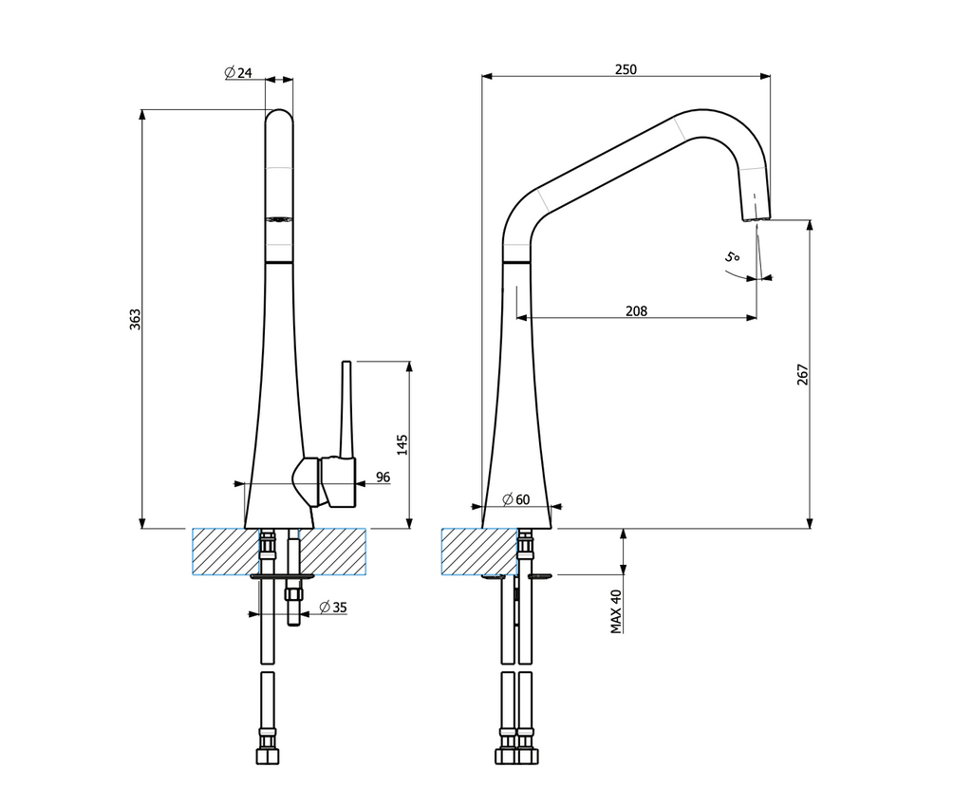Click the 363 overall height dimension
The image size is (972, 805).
coord(135,319)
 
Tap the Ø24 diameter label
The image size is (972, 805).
coord(238,72)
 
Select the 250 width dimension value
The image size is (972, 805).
coord(626,69)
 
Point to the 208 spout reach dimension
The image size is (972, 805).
coord(636,310)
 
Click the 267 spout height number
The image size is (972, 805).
coord(803,375)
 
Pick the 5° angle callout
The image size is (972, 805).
coord(732,256)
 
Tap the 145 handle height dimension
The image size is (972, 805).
coord(402,444)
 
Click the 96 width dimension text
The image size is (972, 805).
coord(383,477)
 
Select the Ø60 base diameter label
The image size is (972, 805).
coord(515,498)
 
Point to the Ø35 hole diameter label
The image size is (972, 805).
coord(333,608)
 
